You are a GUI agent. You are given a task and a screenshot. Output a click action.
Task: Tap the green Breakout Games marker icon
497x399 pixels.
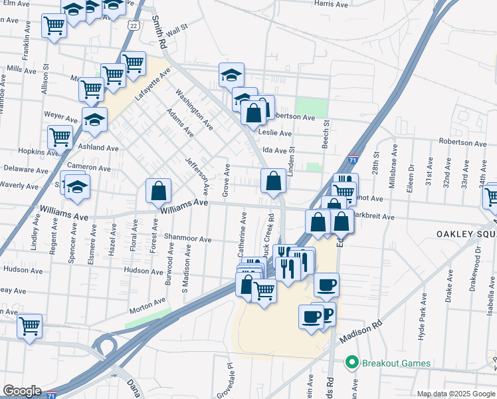(x=351, y=362)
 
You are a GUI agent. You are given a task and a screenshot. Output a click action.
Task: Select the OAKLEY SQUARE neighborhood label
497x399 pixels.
(x=466, y=234)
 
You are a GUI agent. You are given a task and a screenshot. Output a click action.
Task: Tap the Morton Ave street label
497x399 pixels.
(x=148, y=305)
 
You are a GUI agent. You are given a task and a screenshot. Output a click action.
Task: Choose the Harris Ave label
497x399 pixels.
(x=331, y=4)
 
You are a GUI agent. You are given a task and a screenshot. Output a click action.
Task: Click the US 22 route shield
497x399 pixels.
(x=134, y=25)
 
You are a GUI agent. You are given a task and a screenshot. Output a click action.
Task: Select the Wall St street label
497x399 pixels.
(x=178, y=30)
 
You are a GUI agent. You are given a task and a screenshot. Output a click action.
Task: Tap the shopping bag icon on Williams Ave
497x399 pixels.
(x=159, y=191)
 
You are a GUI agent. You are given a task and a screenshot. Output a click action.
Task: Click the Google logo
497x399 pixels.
(x=23, y=391)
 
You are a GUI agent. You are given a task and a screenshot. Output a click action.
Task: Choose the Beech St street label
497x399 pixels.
(x=326, y=130)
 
